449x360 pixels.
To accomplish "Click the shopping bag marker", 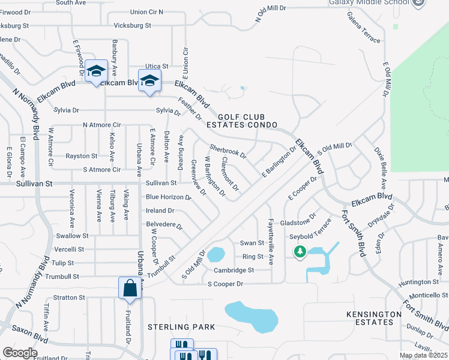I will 130,289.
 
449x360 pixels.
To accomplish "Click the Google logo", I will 19,352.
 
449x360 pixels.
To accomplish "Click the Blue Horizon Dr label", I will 168,197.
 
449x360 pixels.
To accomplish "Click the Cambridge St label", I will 234,270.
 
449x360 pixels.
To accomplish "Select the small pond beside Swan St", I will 215,254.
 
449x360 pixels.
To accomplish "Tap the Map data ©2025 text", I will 423,355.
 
